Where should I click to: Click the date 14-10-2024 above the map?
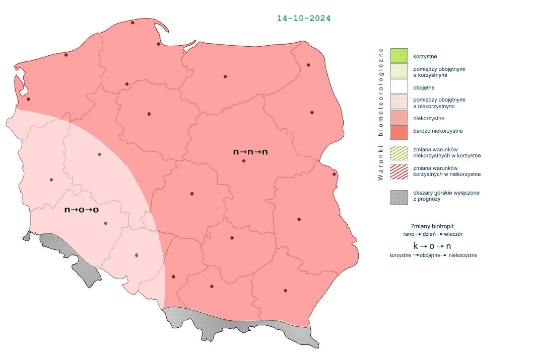(304, 18)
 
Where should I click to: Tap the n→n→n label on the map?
(250, 151)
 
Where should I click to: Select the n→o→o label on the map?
(82, 209)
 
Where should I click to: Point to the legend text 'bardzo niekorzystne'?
(438, 131)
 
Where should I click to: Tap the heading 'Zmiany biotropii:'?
(433, 226)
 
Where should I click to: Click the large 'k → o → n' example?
(432, 246)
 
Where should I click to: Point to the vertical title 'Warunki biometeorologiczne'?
(381, 114)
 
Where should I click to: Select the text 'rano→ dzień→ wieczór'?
(433, 234)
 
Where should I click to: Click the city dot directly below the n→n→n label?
(244, 161)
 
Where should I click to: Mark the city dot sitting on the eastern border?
(334, 174)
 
